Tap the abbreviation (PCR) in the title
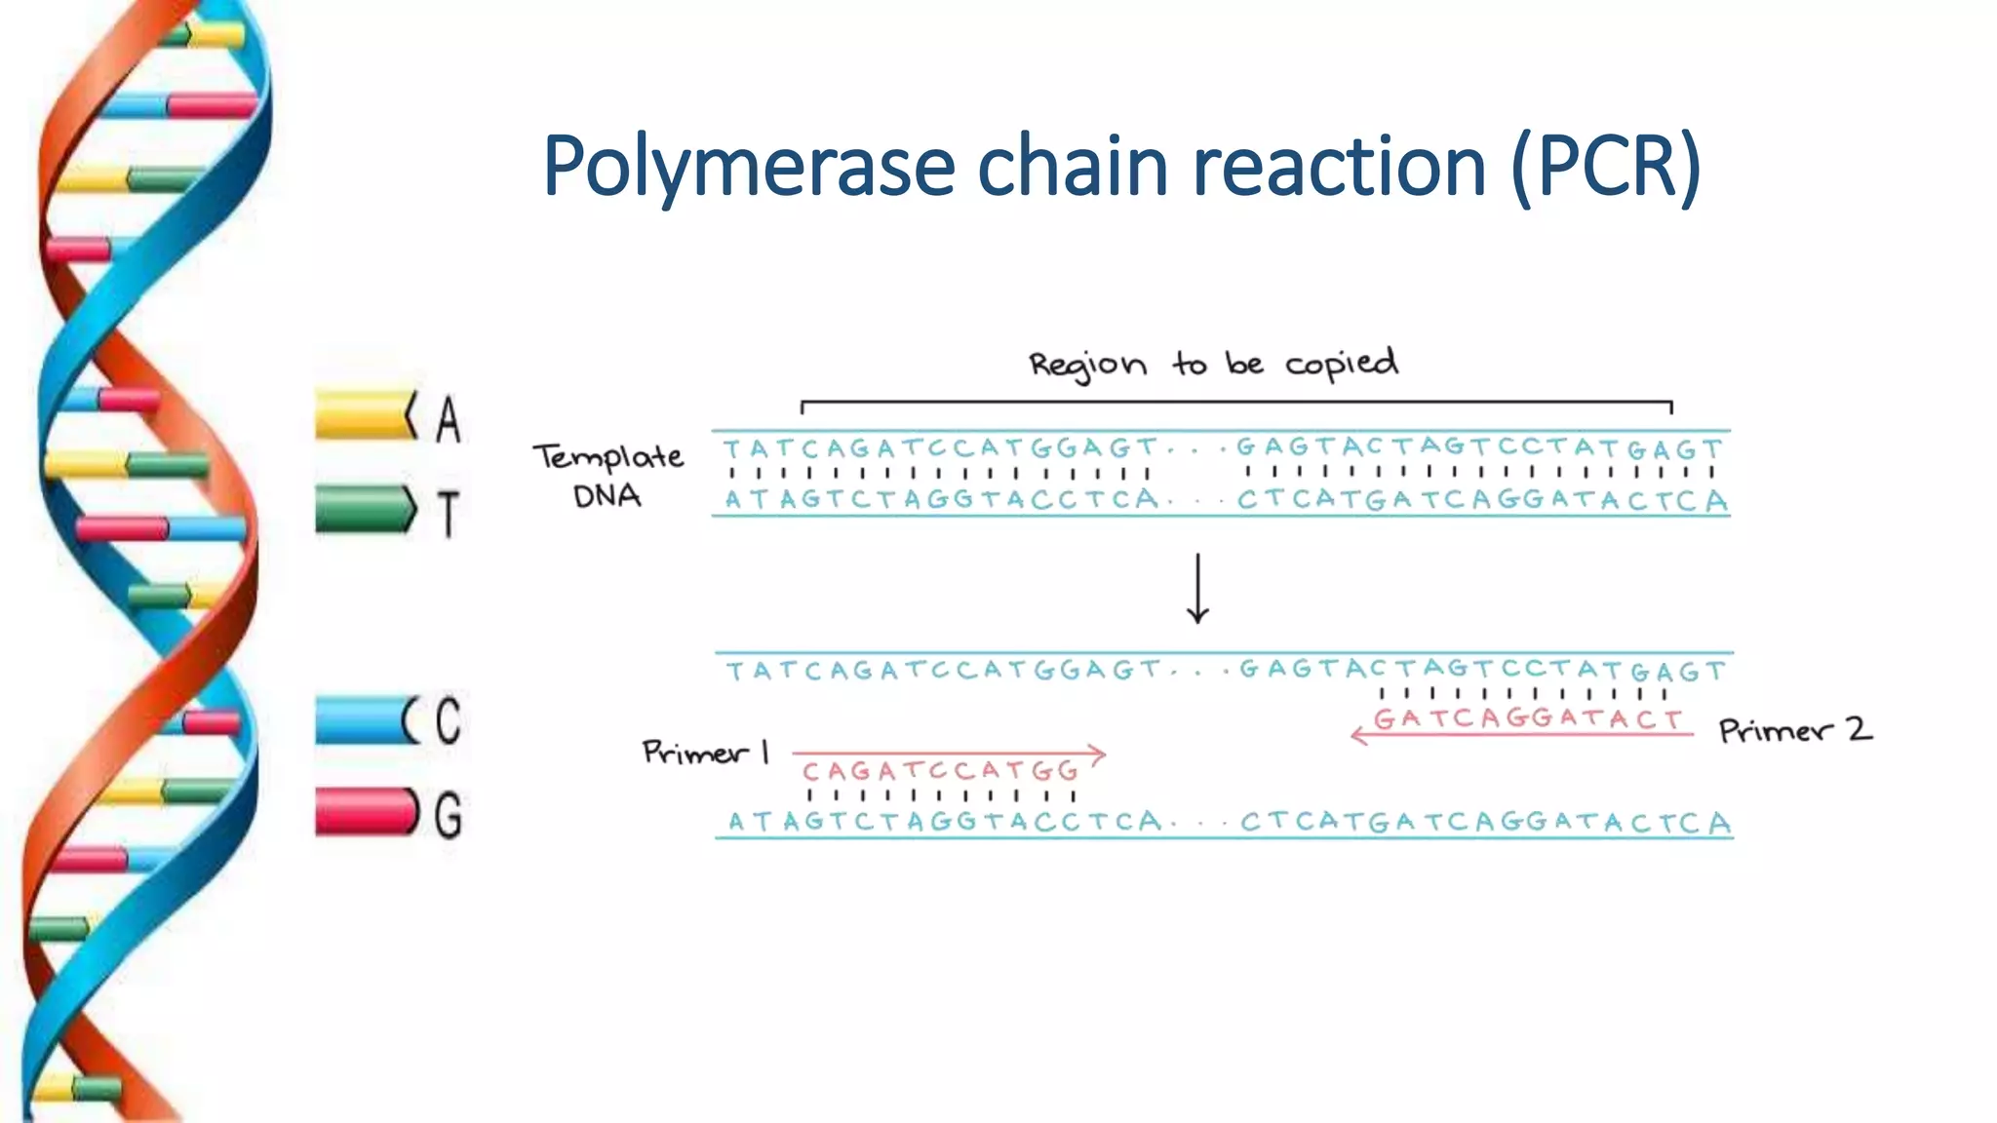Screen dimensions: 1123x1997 pyautogui.click(x=1606, y=168)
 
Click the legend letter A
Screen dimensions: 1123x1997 pyautogui.click(x=448, y=419)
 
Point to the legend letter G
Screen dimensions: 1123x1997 pyautogui.click(x=448, y=815)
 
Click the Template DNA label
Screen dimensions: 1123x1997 pyautogui.click(x=607, y=475)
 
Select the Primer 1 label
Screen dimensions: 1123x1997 pyautogui.click(x=705, y=752)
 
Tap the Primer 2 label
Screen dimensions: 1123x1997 pyautogui.click(x=1794, y=730)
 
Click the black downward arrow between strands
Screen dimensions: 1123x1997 pyautogui.click(x=1197, y=589)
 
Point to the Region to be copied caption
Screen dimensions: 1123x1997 pyautogui.click(x=1213, y=365)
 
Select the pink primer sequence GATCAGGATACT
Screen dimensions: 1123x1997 pyautogui.click(x=1528, y=719)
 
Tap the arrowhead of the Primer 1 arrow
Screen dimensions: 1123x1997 pyautogui.click(x=1099, y=754)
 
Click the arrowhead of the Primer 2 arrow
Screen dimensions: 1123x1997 pyautogui.click(x=1358, y=735)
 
